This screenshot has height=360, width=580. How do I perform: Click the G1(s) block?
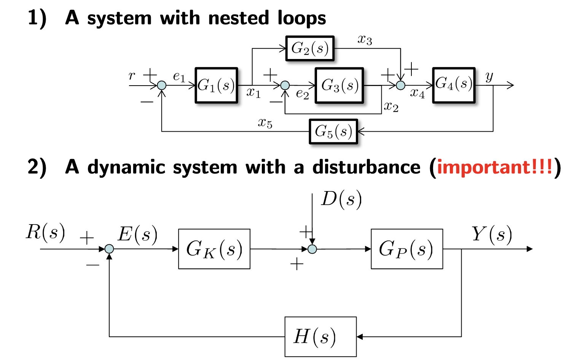click(216, 85)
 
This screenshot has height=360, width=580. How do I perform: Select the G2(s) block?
click(310, 48)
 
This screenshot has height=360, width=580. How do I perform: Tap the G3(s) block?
click(339, 85)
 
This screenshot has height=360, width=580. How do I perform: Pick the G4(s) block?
click(454, 85)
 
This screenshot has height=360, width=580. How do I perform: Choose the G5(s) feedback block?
click(333, 131)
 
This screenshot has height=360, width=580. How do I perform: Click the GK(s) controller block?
click(214, 249)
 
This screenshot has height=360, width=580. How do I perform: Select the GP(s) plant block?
click(407, 249)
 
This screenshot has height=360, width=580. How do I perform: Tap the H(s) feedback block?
click(320, 336)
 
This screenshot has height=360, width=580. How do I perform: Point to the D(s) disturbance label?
click(341, 199)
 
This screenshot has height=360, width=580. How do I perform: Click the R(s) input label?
click(45, 232)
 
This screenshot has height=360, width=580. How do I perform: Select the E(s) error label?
click(137, 234)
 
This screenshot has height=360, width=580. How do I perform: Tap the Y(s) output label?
click(492, 234)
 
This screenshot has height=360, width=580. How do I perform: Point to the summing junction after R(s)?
click(109, 249)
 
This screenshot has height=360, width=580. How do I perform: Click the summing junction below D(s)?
click(312, 249)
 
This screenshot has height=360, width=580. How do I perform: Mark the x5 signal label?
click(265, 123)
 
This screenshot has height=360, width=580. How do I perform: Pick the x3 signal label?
click(365, 39)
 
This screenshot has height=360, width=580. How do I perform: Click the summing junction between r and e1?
click(162, 85)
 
